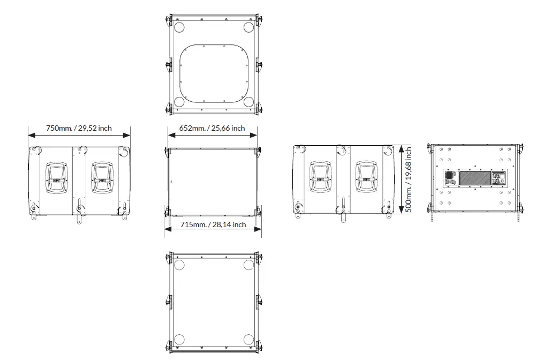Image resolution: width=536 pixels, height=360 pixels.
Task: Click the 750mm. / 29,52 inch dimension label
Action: coord(79,128)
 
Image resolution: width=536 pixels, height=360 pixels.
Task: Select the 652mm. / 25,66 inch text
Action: coord(212,128)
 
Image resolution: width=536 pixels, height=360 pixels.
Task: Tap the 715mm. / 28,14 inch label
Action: coord(213,224)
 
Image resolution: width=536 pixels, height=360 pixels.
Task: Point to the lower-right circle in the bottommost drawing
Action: coord(248,339)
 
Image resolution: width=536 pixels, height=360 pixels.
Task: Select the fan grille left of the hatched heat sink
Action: coord(450,175)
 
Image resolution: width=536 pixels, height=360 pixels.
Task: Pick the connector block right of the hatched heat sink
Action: coord(499,178)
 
